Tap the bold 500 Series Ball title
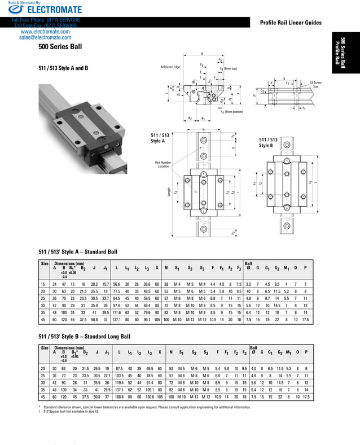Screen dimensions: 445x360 coord(62,49)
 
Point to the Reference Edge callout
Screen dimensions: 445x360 coord(170,67)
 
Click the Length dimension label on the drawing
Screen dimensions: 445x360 coord(169,192)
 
